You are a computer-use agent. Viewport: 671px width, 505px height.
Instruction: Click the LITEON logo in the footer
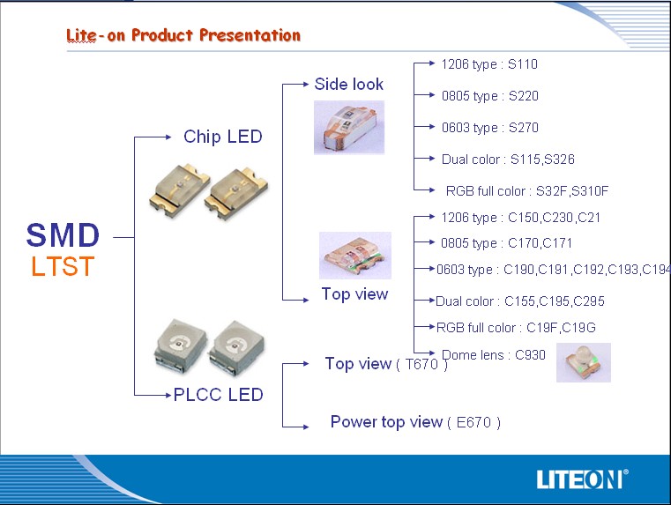click(583, 479)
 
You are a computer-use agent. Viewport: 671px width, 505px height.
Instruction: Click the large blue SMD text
click(63, 235)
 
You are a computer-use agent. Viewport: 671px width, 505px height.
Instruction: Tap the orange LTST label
click(63, 266)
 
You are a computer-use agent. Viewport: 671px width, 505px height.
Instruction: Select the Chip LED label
click(222, 137)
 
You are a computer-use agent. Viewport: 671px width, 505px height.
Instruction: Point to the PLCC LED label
click(219, 395)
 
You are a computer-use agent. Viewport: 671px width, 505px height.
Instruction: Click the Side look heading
click(349, 84)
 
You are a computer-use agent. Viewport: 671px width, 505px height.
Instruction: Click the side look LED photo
click(349, 128)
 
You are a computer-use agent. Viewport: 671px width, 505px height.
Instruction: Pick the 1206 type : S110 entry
click(489, 64)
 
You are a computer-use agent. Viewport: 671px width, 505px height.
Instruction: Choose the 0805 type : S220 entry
click(489, 96)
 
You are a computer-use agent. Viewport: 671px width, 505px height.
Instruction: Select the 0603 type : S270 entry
click(489, 128)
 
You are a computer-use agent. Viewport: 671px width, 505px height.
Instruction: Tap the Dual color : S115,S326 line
click(508, 159)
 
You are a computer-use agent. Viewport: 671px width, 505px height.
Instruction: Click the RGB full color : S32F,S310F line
click(526, 190)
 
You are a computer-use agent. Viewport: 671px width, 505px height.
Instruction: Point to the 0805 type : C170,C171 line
click(506, 243)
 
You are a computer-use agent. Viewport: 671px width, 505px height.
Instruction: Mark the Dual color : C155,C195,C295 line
click(520, 301)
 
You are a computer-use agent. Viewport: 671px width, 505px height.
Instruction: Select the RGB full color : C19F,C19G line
click(516, 328)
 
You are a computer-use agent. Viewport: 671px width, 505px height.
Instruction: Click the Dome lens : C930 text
click(494, 355)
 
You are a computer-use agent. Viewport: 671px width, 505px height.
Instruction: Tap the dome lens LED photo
click(584, 362)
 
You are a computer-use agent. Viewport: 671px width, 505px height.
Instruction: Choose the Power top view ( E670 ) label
click(415, 422)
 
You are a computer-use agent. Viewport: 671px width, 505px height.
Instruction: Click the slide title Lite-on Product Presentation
click(183, 35)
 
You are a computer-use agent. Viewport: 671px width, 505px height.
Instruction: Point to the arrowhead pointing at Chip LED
click(168, 137)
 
